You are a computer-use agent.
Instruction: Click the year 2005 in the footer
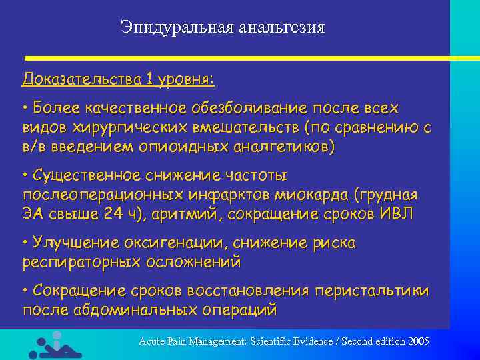(x=418, y=341)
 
